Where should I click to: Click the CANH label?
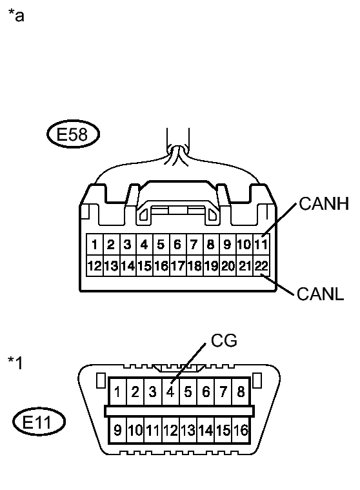[x=324, y=205]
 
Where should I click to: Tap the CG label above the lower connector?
[x=225, y=341]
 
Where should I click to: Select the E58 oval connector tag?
[x=72, y=136]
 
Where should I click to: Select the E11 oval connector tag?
[x=39, y=424]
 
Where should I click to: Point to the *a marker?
[x=15, y=15]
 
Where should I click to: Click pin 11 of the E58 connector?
[x=261, y=245]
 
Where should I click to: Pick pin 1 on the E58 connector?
[x=94, y=245]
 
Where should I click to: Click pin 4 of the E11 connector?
[x=170, y=391]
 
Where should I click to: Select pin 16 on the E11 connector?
[x=241, y=429]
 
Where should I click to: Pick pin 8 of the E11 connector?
[x=241, y=391]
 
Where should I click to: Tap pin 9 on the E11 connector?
[x=117, y=429]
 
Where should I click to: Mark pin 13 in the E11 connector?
[x=188, y=429]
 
